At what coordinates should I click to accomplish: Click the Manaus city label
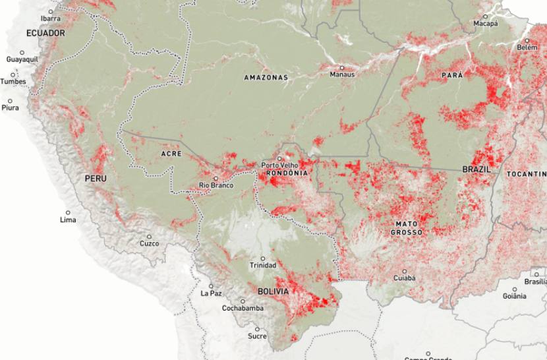(342, 75)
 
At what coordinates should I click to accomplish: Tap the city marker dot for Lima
(67, 212)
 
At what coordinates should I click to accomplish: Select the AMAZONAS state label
(266, 78)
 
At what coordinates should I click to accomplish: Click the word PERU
(96, 179)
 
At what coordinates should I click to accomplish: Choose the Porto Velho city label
(279, 165)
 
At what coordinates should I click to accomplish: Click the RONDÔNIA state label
(287, 173)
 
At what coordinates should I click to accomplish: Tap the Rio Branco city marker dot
(216, 178)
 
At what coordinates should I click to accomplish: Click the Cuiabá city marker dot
(405, 270)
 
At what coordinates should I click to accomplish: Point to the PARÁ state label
(452, 76)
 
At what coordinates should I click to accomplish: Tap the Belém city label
(527, 47)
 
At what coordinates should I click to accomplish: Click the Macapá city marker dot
(485, 16)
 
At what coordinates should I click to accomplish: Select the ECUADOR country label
(45, 33)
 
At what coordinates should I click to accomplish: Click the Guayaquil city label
(22, 59)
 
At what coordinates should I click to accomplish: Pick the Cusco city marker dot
(150, 236)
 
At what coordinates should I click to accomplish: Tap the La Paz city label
(211, 293)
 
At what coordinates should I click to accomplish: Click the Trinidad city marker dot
(263, 258)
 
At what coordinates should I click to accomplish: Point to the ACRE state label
(171, 154)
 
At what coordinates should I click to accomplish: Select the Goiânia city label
(514, 297)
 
